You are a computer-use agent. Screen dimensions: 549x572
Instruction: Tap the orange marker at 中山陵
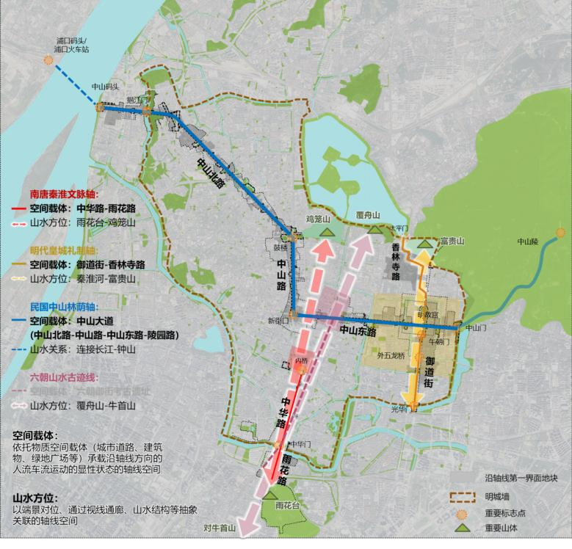[x=560, y=233]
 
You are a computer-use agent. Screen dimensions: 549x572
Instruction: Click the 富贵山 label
[x=450, y=240]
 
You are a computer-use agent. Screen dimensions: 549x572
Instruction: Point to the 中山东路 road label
[x=358, y=332]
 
